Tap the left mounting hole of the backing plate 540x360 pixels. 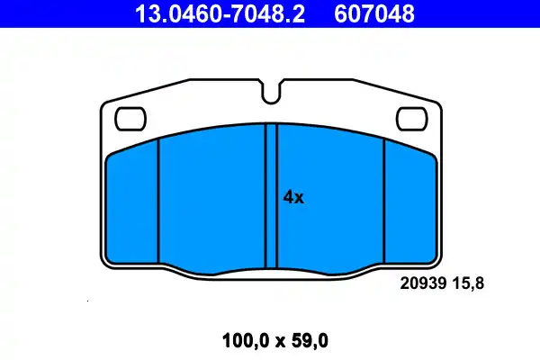point(131,117)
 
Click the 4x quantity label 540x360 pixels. point(293,198)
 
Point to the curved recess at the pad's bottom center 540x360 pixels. point(271,271)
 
